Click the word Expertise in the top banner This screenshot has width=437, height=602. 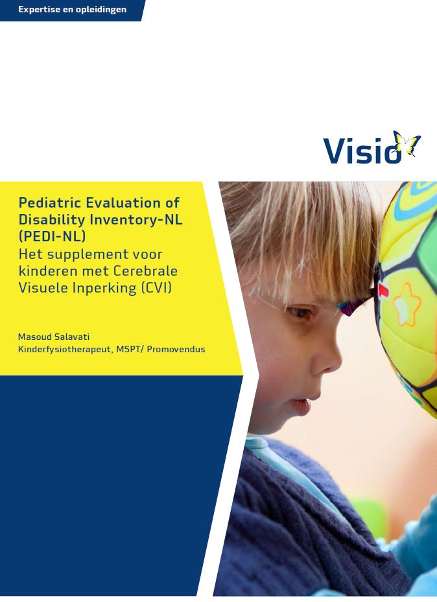[x=39, y=10]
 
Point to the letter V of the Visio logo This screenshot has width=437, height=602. [x=334, y=150]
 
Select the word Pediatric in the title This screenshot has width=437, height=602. [x=49, y=202]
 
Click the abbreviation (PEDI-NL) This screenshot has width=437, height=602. [x=52, y=237]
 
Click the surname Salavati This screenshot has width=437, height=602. [x=72, y=337]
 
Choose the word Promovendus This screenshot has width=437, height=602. [x=176, y=350]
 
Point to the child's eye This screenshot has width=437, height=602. [x=300, y=312]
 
